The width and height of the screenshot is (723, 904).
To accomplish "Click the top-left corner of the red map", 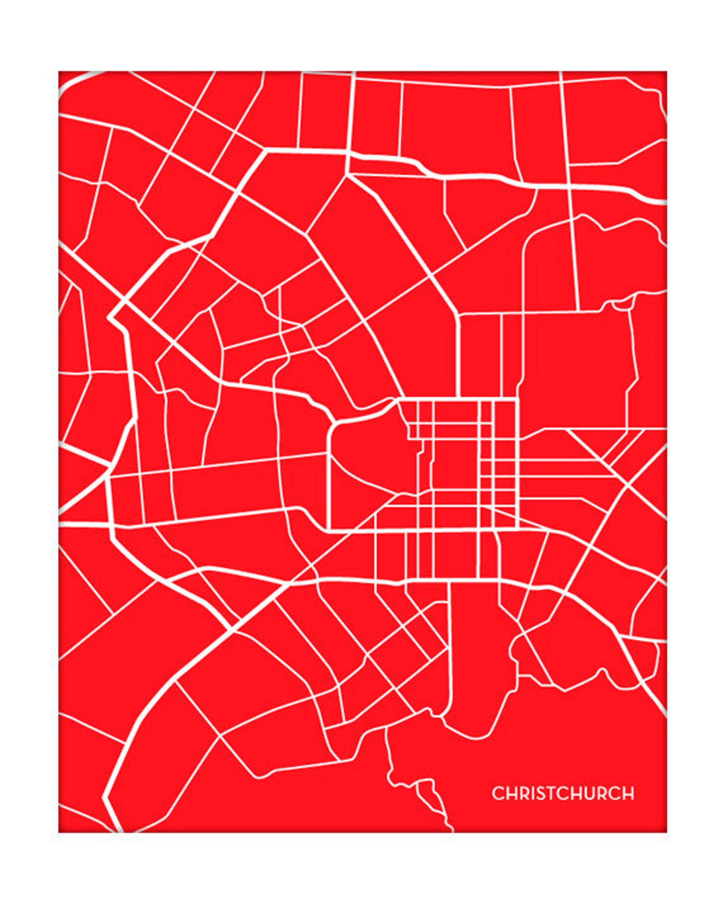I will coord(59,72).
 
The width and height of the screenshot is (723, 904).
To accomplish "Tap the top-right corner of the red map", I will coord(666,72).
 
